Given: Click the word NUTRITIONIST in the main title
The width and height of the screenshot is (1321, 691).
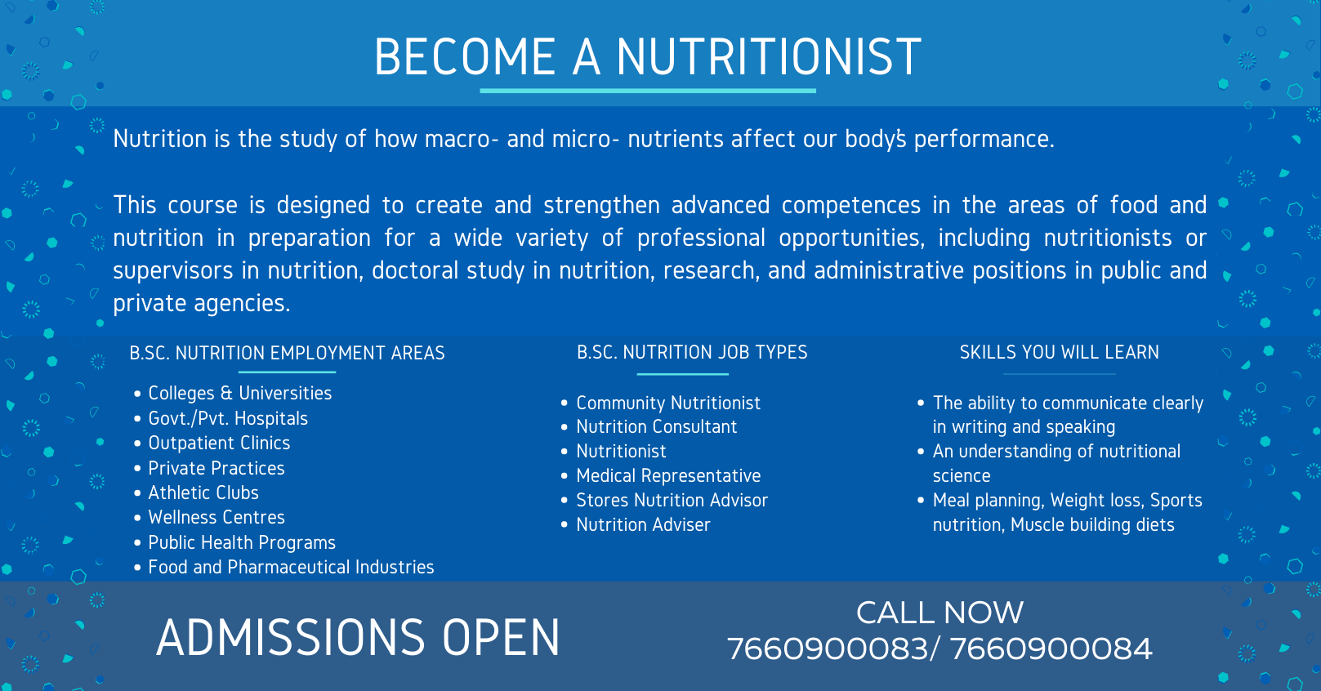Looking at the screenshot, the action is [x=769, y=56].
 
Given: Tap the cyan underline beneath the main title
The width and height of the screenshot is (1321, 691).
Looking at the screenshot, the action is [x=648, y=91].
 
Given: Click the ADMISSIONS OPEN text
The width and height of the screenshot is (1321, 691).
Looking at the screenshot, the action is [x=358, y=637].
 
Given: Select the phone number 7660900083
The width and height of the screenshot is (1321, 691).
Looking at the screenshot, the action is [x=828, y=649].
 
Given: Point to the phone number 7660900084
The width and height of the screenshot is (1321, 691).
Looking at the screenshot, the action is [x=1051, y=649].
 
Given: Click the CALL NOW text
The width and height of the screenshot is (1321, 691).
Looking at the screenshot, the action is [x=939, y=613].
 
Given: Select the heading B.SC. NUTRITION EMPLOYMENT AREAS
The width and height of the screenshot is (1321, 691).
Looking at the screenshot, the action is [x=288, y=353].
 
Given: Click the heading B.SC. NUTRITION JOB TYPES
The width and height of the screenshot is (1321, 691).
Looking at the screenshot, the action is [x=692, y=352].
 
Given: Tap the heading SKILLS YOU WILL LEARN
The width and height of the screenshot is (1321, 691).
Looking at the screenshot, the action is [x=1059, y=352].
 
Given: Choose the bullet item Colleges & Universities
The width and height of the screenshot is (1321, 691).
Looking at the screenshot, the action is [x=240, y=393].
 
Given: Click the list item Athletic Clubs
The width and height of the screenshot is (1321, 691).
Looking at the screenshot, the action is [x=203, y=493].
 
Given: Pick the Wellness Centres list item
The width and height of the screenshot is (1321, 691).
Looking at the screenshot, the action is [x=216, y=517].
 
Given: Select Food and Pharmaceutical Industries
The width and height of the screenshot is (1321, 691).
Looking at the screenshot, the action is [x=292, y=567].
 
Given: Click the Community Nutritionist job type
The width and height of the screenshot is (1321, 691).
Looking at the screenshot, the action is [x=668, y=403].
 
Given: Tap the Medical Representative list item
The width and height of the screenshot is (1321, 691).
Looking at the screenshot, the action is [x=668, y=475].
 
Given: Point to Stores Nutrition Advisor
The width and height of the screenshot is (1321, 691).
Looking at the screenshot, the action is [x=672, y=500].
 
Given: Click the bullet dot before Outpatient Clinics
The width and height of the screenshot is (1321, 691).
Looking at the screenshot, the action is [x=137, y=444].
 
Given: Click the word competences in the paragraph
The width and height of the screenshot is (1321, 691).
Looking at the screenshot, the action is [x=851, y=205].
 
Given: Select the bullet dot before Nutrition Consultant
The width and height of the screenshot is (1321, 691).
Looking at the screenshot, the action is [x=565, y=427].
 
